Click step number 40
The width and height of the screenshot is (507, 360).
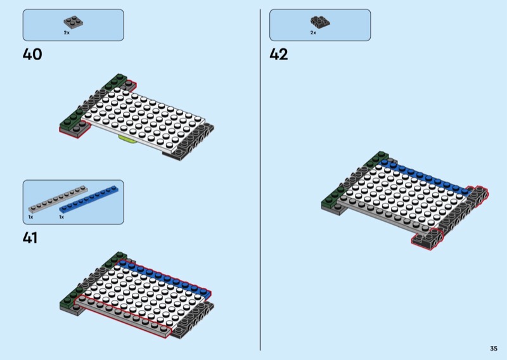pos(32,55)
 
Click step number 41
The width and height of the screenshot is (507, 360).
pos(30,238)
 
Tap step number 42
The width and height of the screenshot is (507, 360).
pos(279,55)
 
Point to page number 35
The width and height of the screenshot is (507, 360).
pos(493,349)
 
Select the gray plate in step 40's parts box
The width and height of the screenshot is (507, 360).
pos(74,22)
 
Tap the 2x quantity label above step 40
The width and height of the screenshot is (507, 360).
pos(67,32)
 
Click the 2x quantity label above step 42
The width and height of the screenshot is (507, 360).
pos(313,32)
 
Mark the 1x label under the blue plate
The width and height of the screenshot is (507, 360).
pos(61,217)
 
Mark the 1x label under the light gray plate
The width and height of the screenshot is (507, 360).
pos(30,217)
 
